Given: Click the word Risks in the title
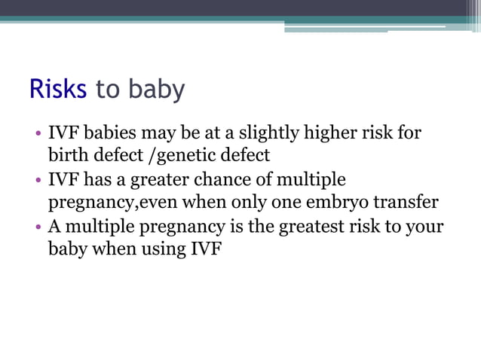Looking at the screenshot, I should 58,89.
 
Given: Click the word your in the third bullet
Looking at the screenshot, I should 427,227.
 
